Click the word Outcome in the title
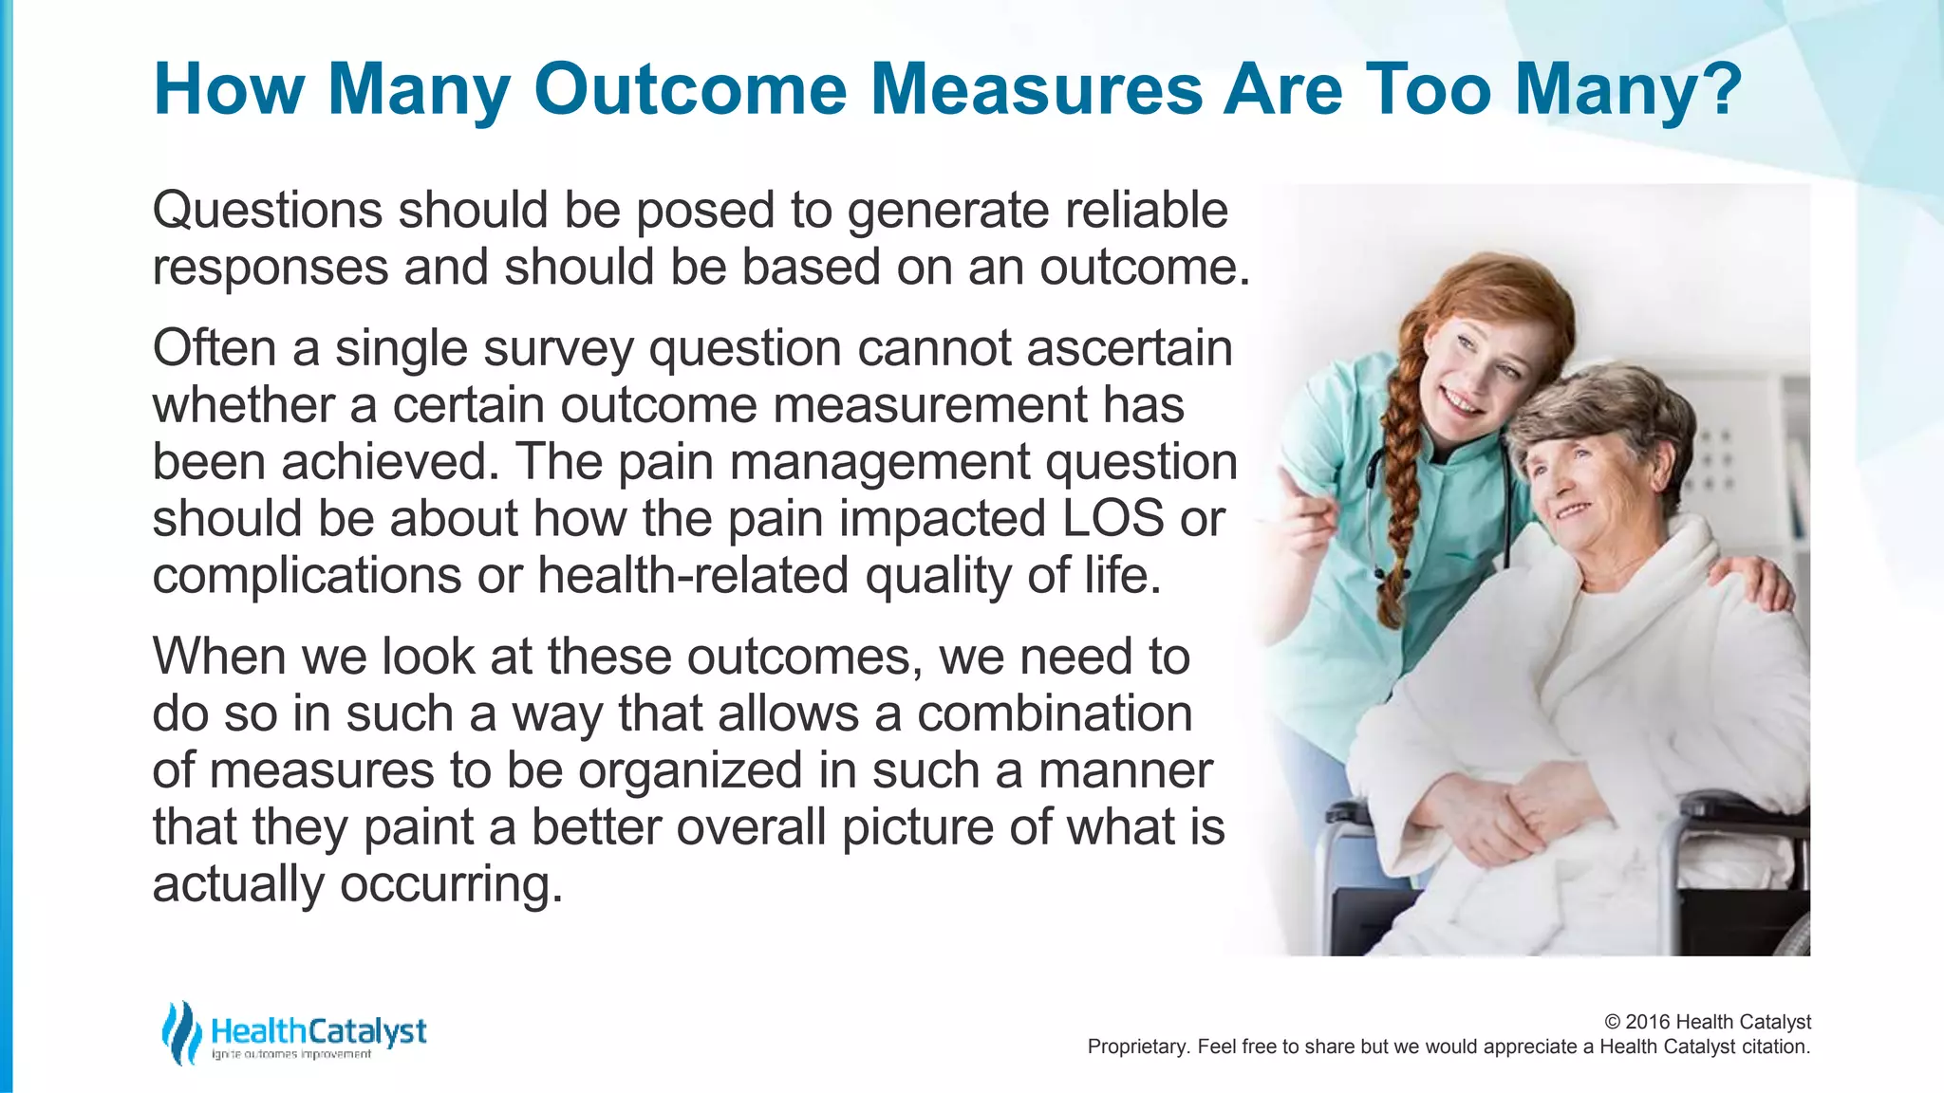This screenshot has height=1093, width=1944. pyautogui.click(x=689, y=89)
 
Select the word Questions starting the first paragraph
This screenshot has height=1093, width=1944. pyautogui.click(x=267, y=211)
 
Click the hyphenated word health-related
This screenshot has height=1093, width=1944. pyautogui.click(x=693, y=576)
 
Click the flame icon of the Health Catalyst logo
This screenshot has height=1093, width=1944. pyautogui.click(x=180, y=1032)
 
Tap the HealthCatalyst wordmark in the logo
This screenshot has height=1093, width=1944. pyautogui.click(x=318, y=1030)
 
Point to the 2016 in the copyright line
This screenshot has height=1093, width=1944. pyautogui.click(x=1648, y=1022)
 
